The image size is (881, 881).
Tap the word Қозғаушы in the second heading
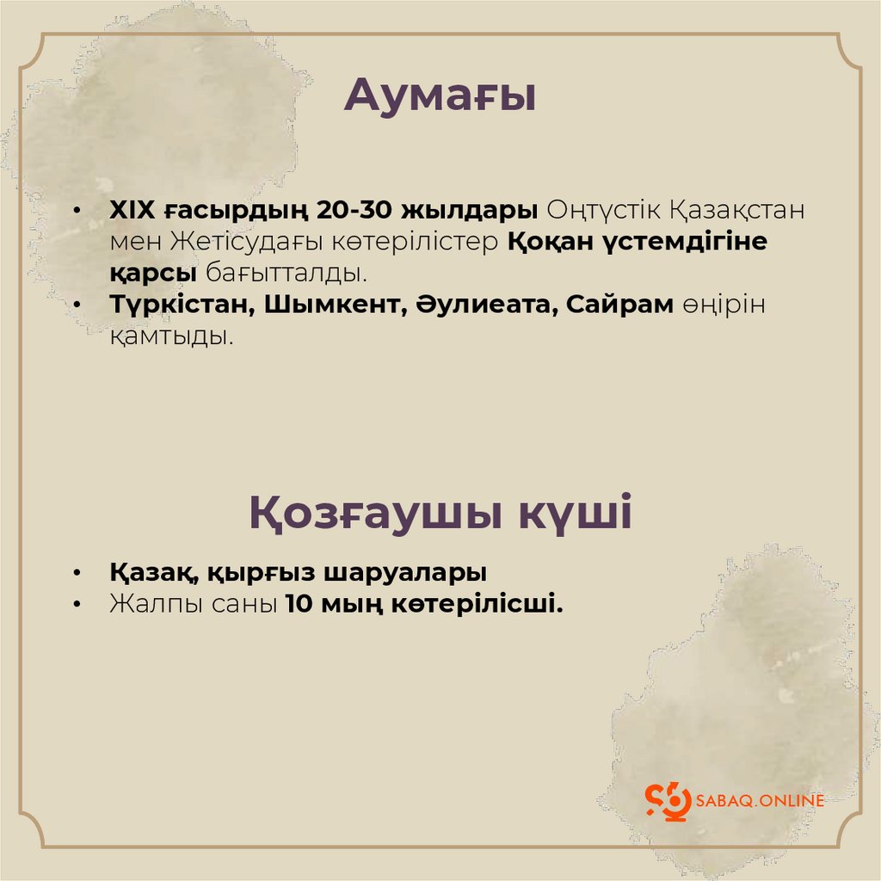point(375,514)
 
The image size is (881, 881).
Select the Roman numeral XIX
point(132,210)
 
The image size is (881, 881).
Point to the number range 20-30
point(354,210)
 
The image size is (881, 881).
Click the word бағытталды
point(286,274)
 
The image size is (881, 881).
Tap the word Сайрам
point(619,305)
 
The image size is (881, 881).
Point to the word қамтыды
point(171,337)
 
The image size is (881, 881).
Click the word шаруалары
point(405,573)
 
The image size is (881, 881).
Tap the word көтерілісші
point(477,604)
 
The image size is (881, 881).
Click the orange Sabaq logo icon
point(668,801)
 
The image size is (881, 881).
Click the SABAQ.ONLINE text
point(761,800)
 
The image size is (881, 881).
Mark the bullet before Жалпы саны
point(77,605)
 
